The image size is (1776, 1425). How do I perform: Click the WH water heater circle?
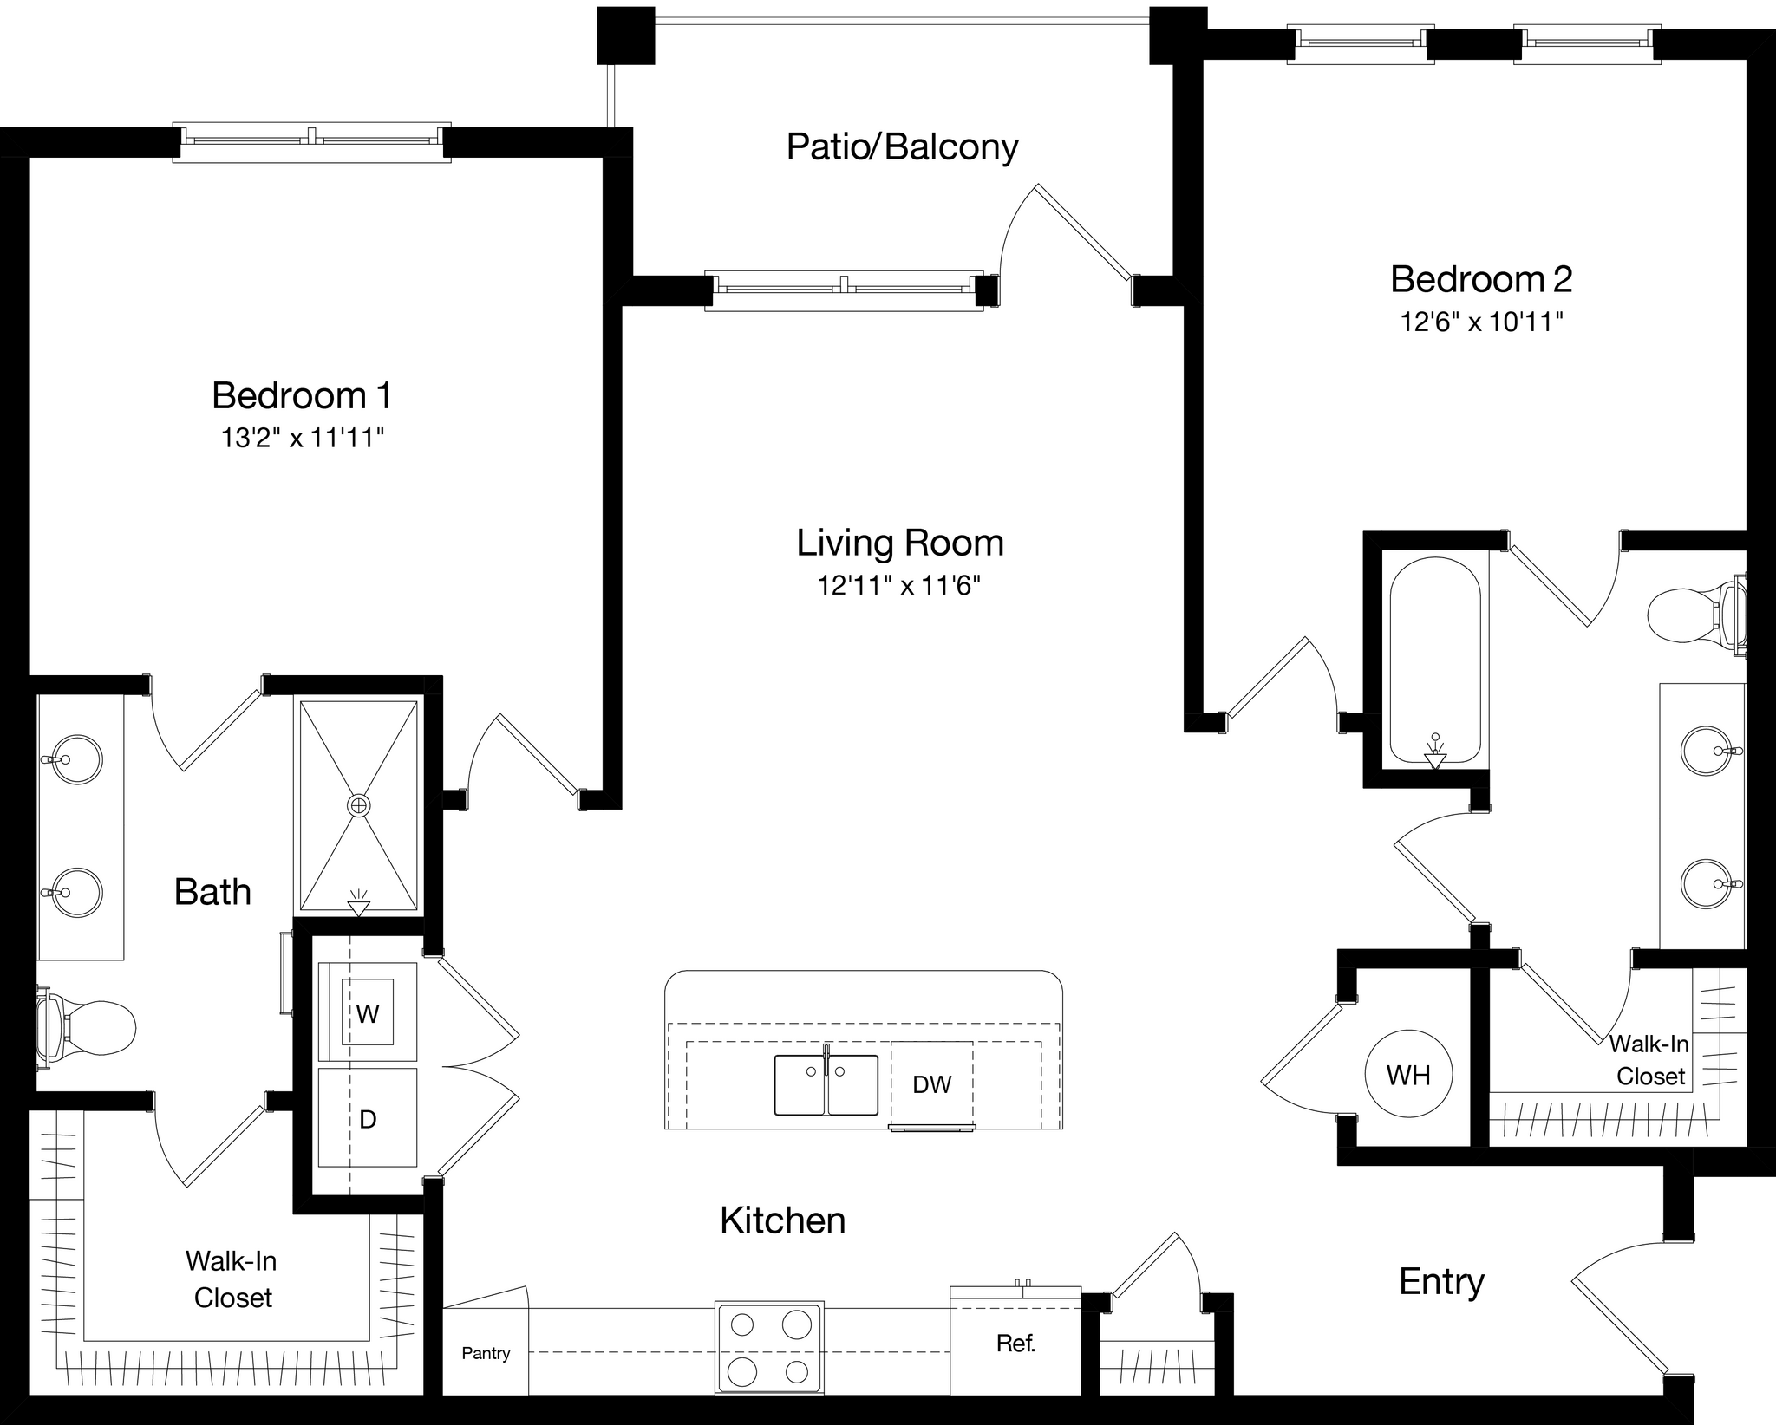pyautogui.click(x=1407, y=1075)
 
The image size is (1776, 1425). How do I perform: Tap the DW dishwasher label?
pyautogui.click(x=931, y=1083)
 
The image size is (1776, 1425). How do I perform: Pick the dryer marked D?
pyautogui.click(x=368, y=1119)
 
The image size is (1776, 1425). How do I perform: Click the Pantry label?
pyautogui.click(x=486, y=1352)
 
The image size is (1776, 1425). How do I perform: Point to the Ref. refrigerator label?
pyautogui.click(x=1015, y=1343)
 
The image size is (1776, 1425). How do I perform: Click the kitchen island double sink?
pyautogui.click(x=826, y=1084)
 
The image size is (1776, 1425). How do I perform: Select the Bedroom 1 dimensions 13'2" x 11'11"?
pyautogui.click(x=302, y=438)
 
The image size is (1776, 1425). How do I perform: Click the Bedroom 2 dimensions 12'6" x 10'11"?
pyautogui.click(x=1481, y=322)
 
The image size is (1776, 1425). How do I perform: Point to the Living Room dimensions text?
pyautogui.click(x=899, y=586)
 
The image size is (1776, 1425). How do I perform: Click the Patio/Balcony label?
pyautogui.click(x=902, y=146)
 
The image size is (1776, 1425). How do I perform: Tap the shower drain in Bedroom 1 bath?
pyautogui.click(x=358, y=805)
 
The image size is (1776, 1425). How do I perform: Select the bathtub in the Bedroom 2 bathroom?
pyautogui.click(x=1434, y=659)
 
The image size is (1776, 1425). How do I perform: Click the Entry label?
pyautogui.click(x=1441, y=1281)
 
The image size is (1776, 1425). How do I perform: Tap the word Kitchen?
pyautogui.click(x=782, y=1220)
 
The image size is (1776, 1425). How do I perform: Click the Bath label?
pyautogui.click(x=212, y=891)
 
